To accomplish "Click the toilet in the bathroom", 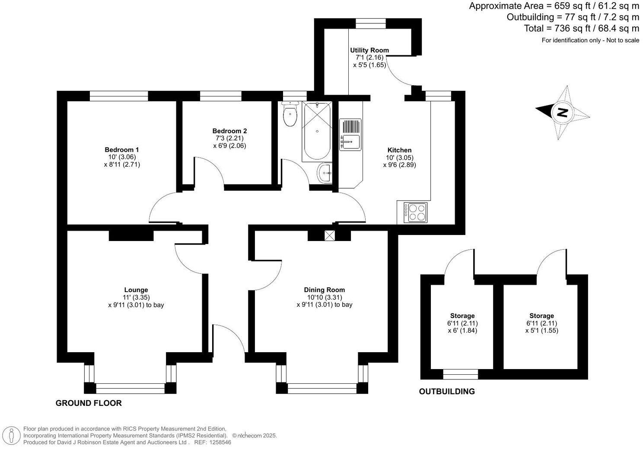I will pyautogui.click(x=290, y=115).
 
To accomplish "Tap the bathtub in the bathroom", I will pyautogui.click(x=317, y=132).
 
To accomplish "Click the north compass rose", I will pyautogui.click(x=563, y=112).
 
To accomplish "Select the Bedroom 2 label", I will pyautogui.click(x=229, y=131).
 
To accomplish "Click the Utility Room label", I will pyautogui.click(x=369, y=50).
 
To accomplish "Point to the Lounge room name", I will pyautogui.click(x=136, y=290).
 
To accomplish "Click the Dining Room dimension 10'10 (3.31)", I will pyautogui.click(x=324, y=297).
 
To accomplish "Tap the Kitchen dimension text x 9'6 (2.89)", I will pyautogui.click(x=399, y=165).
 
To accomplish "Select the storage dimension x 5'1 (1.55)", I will pyautogui.click(x=541, y=331).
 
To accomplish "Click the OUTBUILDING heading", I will pyautogui.click(x=447, y=392).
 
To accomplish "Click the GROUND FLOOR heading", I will pyautogui.click(x=89, y=403).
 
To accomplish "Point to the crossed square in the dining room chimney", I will pyautogui.click(x=330, y=236).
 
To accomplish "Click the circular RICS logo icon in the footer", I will pyautogui.click(x=14, y=435).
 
